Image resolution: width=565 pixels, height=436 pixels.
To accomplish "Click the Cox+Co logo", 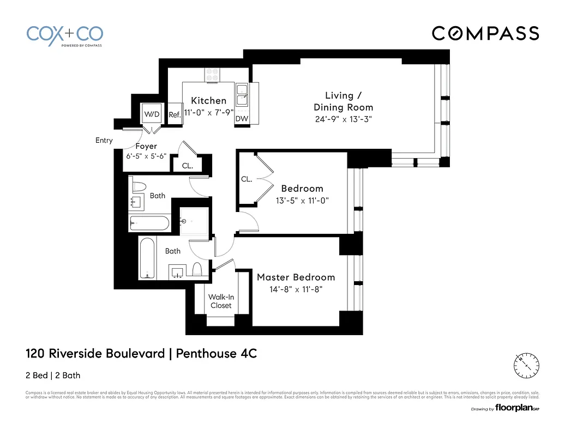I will click(64, 35).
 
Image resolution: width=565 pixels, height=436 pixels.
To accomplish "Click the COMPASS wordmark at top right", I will click(485, 34).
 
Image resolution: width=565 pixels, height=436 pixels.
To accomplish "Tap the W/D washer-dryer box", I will click(152, 114).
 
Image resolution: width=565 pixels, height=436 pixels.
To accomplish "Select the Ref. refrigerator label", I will click(175, 115).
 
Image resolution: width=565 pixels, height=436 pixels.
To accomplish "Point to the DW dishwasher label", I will click(241, 119).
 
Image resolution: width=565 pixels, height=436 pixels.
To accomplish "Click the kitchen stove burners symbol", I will click(212, 75).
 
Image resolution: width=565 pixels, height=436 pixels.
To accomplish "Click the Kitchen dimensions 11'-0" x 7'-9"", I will click(208, 113).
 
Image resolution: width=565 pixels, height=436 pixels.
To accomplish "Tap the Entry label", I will click(104, 141).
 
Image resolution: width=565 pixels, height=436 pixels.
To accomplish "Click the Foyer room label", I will click(146, 146).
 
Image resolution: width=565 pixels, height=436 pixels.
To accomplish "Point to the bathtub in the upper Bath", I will click(150, 223).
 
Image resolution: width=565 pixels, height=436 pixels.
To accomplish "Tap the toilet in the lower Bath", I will click(197, 269).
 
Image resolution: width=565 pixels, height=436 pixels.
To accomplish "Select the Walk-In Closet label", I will click(221, 301).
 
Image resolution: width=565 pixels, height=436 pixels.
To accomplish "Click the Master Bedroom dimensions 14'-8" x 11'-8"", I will click(296, 290).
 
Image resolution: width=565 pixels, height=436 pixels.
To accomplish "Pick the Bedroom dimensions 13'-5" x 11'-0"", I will click(302, 201).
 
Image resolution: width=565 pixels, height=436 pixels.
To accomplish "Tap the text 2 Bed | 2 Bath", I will click(53, 375).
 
